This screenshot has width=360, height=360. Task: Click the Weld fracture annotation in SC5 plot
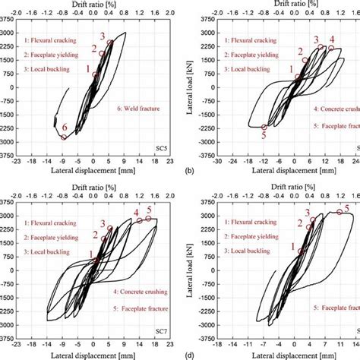[x=139, y=109]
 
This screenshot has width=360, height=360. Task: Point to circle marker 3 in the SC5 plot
[x=109, y=43]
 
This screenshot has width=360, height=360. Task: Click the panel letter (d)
[x=188, y=354]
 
